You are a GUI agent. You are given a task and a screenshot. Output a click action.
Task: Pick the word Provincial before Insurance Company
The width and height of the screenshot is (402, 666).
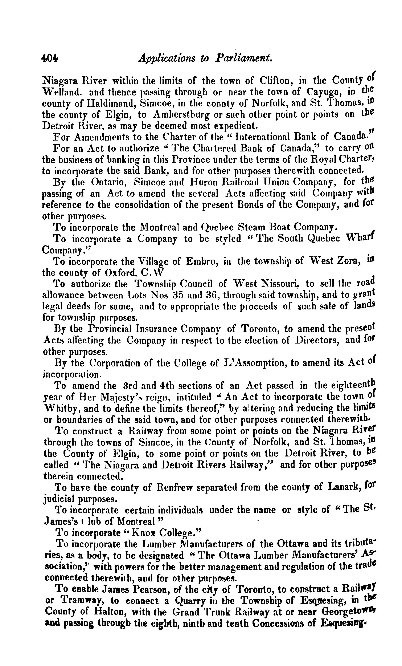pos(110,329)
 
